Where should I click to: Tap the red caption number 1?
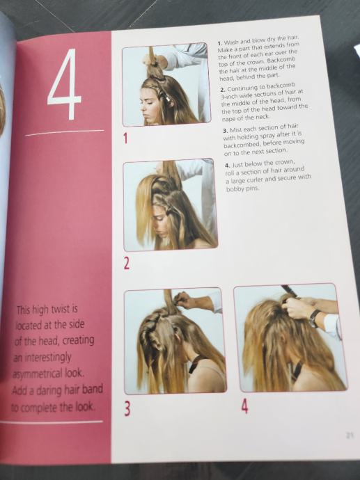[x=125, y=138]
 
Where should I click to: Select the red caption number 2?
[x=127, y=264]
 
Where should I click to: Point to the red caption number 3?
[x=127, y=410]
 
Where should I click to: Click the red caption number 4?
[x=244, y=406]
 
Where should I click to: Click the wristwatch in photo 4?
[x=314, y=319]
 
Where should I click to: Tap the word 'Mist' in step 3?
[x=235, y=129]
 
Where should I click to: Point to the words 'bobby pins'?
[x=242, y=189]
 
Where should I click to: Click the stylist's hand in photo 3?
[x=184, y=300]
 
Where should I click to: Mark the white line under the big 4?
[x=65, y=133]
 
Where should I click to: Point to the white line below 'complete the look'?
[x=52, y=422]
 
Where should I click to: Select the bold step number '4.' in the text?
[x=227, y=166]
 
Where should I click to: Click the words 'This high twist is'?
[x=47, y=310]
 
